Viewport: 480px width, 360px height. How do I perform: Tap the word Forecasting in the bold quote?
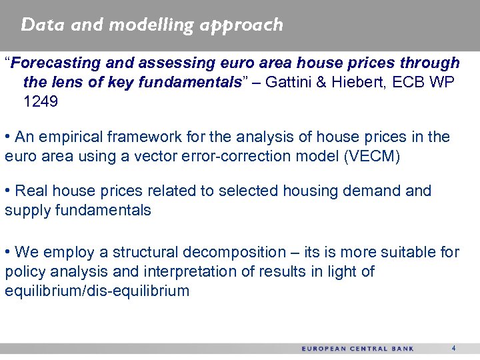click(54, 63)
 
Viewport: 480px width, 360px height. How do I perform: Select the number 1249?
click(41, 103)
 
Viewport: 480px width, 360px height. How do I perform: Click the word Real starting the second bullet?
click(31, 191)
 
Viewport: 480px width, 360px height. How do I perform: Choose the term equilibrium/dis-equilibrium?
click(97, 291)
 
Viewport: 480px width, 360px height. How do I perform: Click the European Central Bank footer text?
click(357, 349)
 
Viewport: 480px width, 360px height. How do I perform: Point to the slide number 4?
click(453, 348)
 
